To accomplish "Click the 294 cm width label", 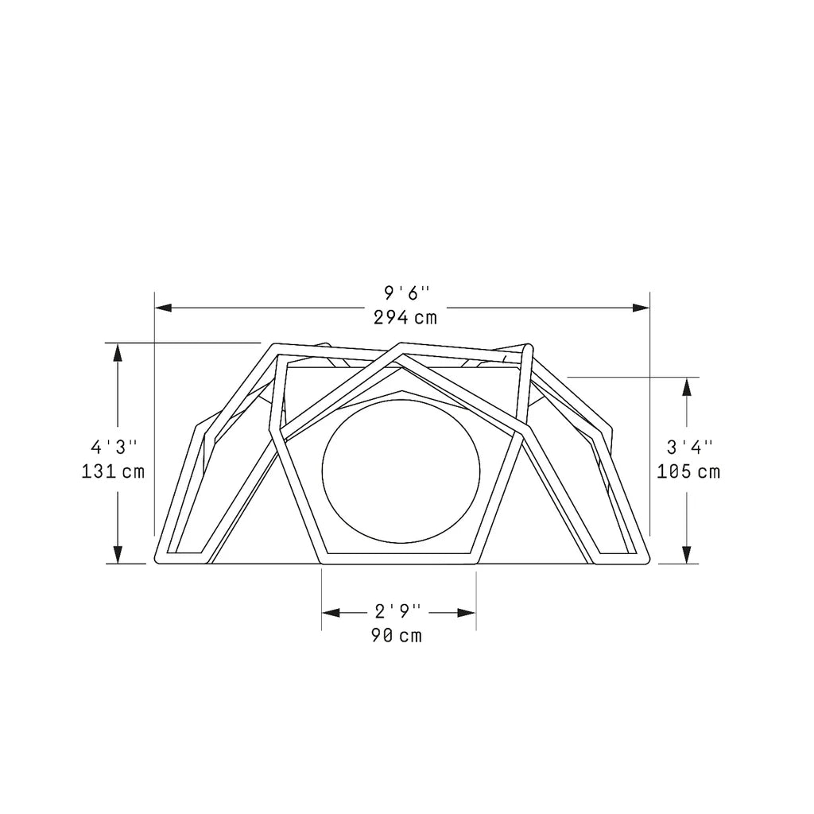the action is point(405,317).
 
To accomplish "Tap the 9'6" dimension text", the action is point(407,293).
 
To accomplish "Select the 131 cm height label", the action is point(113,471).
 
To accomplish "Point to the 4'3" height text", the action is point(114,447).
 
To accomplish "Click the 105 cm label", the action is point(688,471).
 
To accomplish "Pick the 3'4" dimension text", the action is point(689,447).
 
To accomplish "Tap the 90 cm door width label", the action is point(397,635).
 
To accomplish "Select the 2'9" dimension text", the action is point(397,611).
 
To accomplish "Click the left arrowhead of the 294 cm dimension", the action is point(163,308).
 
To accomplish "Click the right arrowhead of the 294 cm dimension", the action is point(642,308).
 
